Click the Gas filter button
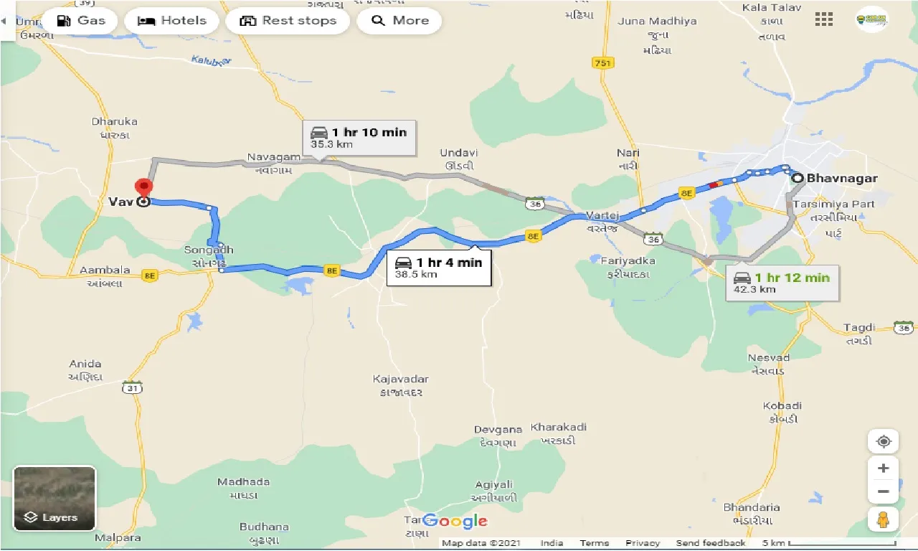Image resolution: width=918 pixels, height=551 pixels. point(80,21)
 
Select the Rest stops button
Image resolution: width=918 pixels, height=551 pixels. point(288,21)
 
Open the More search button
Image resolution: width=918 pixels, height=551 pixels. point(399,21)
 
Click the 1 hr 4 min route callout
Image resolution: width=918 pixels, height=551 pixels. point(439,267)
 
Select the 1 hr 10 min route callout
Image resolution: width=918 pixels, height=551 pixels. point(359,137)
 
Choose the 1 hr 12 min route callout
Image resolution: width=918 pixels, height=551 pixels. point(781,283)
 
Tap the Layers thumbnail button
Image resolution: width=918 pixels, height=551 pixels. point(55,498)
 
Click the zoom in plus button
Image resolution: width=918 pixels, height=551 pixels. point(883,468)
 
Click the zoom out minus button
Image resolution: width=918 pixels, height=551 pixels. point(883,492)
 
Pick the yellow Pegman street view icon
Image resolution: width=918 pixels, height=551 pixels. point(883,519)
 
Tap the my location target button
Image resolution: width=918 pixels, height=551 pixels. point(883,441)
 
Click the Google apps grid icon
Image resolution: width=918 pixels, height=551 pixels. point(824,19)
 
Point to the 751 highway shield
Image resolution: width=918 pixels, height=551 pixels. point(603,63)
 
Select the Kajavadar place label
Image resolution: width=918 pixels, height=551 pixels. point(400,379)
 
